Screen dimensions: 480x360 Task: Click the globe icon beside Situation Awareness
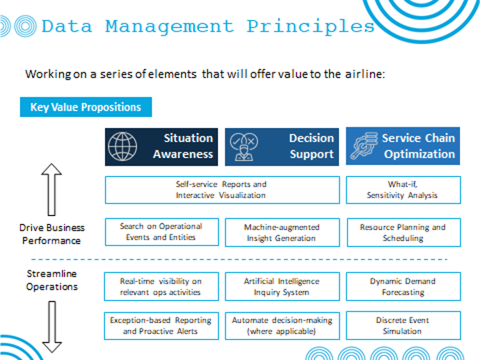(122, 146)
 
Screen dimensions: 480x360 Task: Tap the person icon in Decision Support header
(244, 147)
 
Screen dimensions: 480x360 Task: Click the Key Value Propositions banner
(86, 107)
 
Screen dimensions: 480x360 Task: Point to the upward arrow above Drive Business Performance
(51, 189)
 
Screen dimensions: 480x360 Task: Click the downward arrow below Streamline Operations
(52, 327)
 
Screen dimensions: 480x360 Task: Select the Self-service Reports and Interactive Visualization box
(222, 190)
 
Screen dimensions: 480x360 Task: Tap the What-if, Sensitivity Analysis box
(403, 190)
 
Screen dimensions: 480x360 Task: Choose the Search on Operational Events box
(162, 232)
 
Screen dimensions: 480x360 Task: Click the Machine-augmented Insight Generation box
(282, 233)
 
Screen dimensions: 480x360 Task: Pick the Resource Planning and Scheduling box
(404, 233)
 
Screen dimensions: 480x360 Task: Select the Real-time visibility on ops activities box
(161, 286)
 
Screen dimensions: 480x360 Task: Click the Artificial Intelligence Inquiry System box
(282, 286)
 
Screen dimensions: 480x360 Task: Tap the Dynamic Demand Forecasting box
(403, 286)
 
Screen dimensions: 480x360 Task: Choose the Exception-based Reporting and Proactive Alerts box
(161, 326)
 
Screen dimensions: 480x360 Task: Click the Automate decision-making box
(282, 326)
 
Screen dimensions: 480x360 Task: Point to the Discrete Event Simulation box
(403, 325)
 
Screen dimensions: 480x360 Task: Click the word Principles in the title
(310, 27)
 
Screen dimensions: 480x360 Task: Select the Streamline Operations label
(52, 280)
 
